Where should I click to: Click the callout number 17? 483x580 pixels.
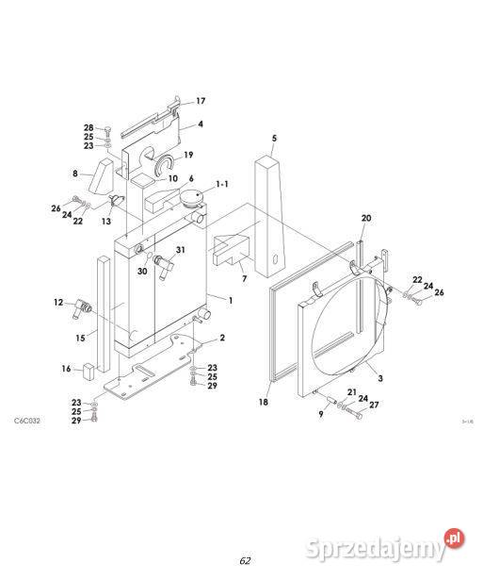point(200,101)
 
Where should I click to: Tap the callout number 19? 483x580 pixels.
point(188,156)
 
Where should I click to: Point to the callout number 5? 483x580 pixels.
point(274,139)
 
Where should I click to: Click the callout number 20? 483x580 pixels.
point(366,218)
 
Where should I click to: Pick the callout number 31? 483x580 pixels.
point(180,250)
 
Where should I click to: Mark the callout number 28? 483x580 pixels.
point(89,127)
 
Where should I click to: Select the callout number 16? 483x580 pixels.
point(66,369)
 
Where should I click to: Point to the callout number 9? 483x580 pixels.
point(320,414)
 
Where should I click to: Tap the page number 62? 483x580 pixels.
point(245,560)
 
